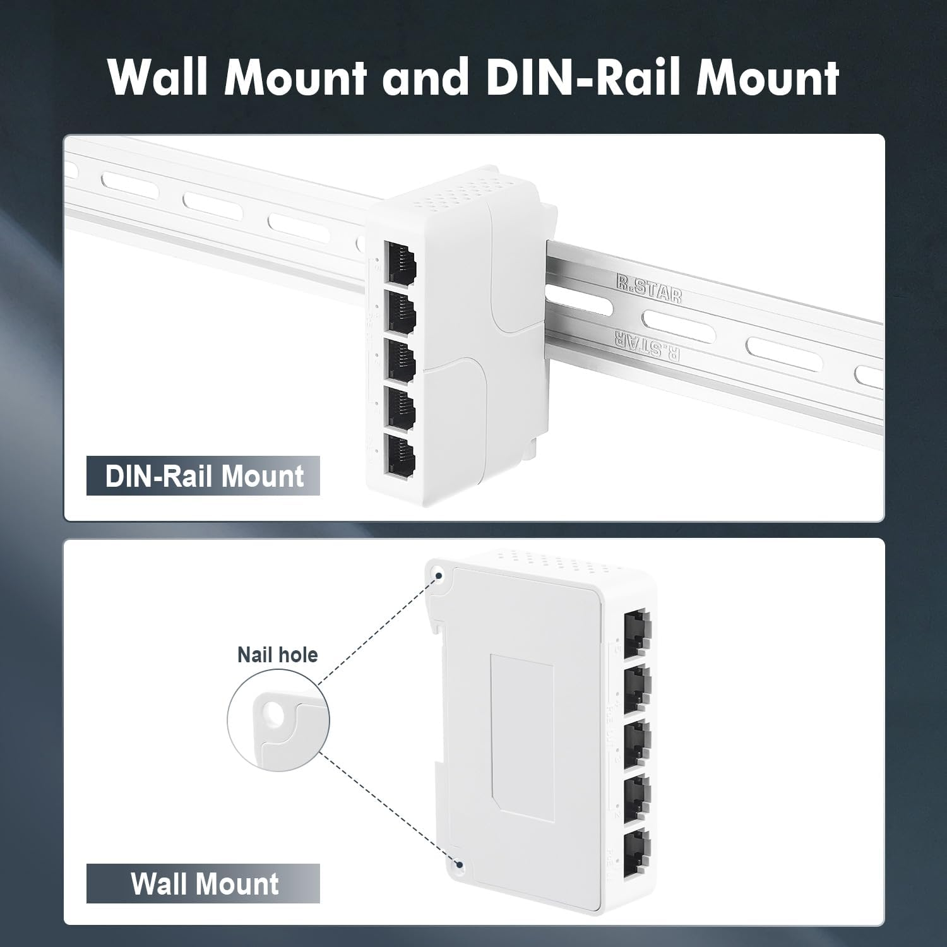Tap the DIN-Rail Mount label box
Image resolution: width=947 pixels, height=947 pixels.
click(x=203, y=476)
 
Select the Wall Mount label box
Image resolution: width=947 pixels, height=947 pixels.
click(x=203, y=883)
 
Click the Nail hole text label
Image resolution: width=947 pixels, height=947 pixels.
click(x=277, y=655)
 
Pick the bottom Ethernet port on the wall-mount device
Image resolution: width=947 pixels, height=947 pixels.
click(x=636, y=853)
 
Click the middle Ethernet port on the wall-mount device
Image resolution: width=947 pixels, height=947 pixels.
click(x=636, y=742)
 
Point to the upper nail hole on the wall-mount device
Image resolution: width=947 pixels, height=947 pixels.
click(x=438, y=574)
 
